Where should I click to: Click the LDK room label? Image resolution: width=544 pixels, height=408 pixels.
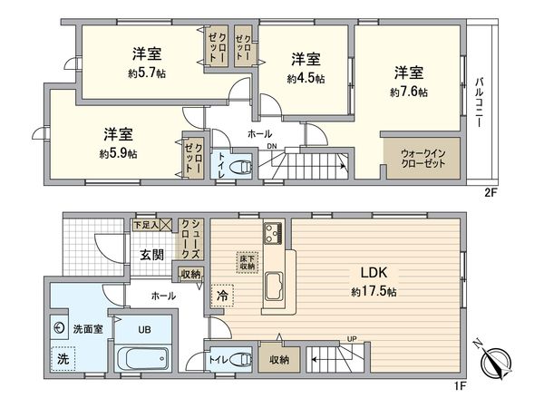(x=375, y=273)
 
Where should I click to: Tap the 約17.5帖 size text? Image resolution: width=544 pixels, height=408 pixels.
(x=375, y=292)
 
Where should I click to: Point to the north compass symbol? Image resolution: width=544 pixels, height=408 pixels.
(x=491, y=362)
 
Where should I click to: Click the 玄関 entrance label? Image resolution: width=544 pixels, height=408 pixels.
(x=151, y=256)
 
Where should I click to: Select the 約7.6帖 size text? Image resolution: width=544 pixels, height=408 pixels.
(x=409, y=92)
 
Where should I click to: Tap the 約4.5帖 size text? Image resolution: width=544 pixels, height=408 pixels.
(x=306, y=79)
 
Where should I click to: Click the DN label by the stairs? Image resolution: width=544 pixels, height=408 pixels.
(x=271, y=147)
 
